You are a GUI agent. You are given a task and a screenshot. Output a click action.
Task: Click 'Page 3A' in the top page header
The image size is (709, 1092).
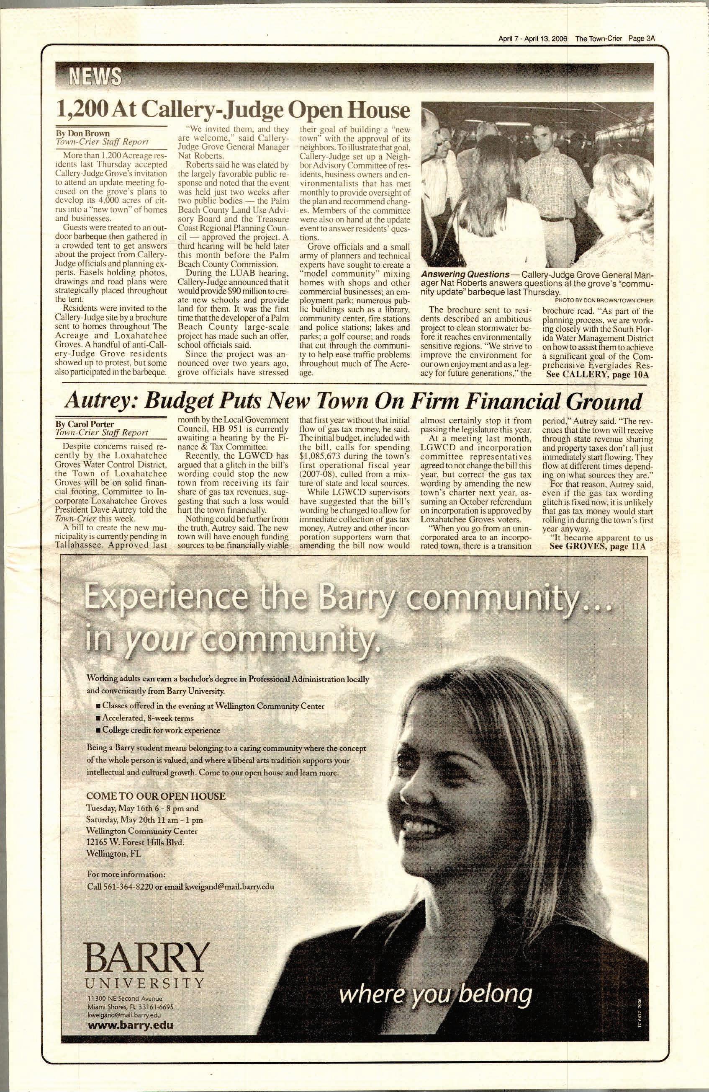(641, 39)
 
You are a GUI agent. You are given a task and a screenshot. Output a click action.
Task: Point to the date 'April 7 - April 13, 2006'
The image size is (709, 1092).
(533, 39)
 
